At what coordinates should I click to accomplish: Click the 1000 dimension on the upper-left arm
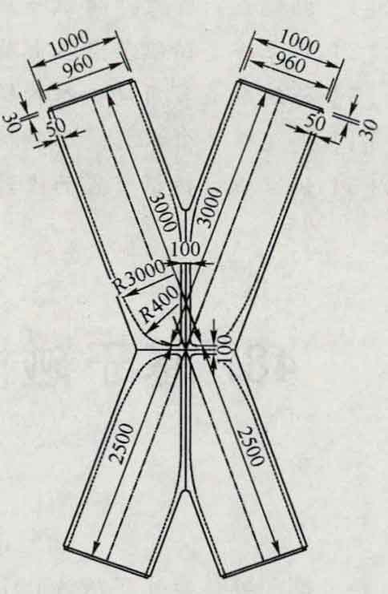69,42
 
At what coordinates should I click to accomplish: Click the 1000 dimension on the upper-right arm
299,42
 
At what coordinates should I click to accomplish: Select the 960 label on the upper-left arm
78,65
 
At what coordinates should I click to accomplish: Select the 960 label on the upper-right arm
290,63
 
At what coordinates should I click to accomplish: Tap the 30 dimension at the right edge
369,130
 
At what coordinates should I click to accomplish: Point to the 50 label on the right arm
315,122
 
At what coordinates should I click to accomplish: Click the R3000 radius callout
139,276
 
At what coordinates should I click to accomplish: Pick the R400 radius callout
160,303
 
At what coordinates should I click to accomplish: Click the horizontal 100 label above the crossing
185,249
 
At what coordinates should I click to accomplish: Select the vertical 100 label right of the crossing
224,349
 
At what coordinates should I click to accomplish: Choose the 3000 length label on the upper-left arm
164,212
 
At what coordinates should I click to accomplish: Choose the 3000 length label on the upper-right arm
211,207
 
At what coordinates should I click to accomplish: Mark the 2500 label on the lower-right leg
249,447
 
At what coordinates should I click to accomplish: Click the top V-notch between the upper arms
186,208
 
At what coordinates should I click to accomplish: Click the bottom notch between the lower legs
185,491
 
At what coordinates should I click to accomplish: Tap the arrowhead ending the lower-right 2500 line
277,547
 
